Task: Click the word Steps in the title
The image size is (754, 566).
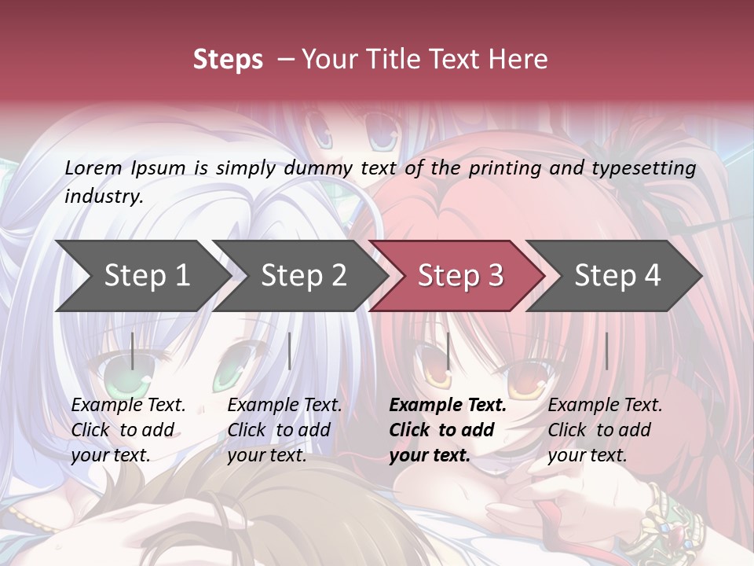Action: point(228,60)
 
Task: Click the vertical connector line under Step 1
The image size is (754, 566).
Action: point(132,351)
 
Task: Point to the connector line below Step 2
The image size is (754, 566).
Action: point(290,351)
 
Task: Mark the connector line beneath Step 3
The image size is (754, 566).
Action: point(448,351)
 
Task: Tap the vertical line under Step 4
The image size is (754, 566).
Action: point(606,351)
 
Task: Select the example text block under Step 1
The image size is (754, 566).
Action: point(128,429)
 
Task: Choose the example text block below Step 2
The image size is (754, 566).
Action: point(284,429)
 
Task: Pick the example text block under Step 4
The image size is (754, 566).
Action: point(605,429)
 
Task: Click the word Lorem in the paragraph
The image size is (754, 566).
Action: point(93,167)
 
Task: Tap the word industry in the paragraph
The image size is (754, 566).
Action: point(104,196)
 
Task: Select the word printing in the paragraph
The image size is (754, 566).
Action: point(506,167)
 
